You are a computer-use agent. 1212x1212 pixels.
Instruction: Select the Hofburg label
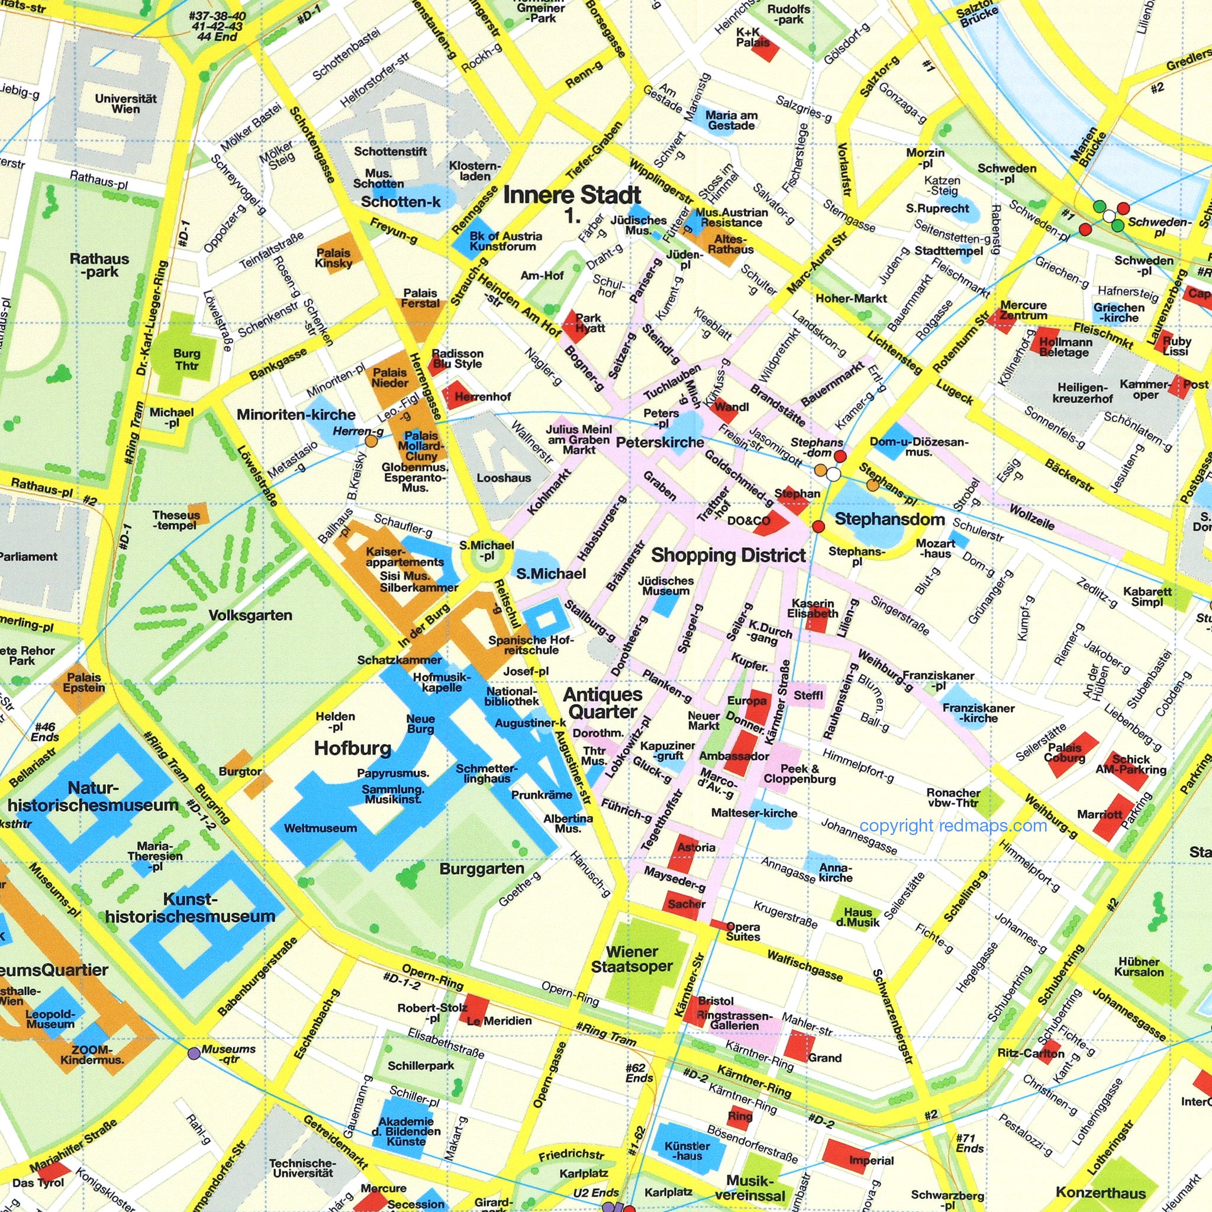pyautogui.click(x=353, y=748)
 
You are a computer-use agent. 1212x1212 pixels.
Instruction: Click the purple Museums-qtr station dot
pyautogui.click(x=194, y=1053)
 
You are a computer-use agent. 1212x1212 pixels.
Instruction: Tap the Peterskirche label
pyautogui.click(x=659, y=442)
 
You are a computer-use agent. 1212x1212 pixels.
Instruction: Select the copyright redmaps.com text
pyautogui.click(x=953, y=826)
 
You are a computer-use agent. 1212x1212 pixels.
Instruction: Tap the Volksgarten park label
pyautogui.click(x=250, y=615)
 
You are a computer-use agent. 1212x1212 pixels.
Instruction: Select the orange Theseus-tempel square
pyautogui.click(x=198, y=512)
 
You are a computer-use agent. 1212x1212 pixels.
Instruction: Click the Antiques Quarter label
pyautogui.click(x=602, y=702)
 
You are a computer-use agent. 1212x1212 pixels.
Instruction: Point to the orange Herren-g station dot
pyautogui.click(x=372, y=441)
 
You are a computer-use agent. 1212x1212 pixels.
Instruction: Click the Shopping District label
pyautogui.click(x=728, y=555)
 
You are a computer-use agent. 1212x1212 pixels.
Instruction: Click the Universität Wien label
pyautogui.click(x=125, y=104)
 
